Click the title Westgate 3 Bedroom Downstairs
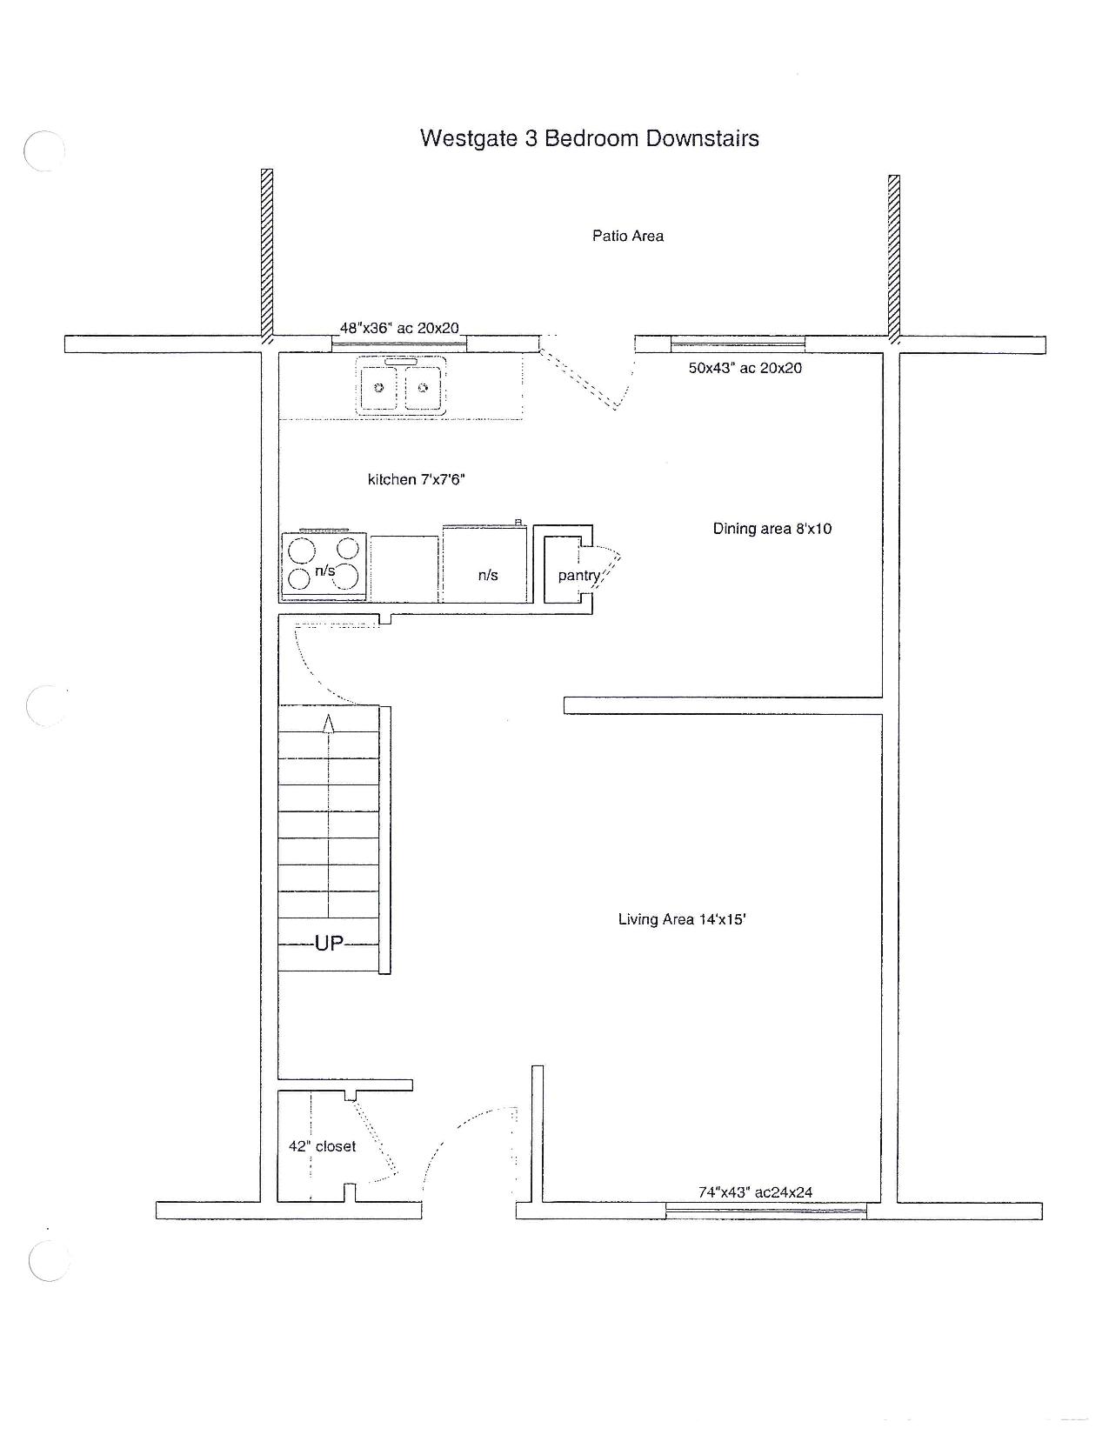point(589,138)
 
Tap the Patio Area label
point(627,236)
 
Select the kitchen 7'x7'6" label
point(416,479)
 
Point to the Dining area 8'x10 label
point(772,528)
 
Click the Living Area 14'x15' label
point(682,919)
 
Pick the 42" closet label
point(322,1146)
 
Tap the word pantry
point(579,576)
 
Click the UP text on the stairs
point(329,943)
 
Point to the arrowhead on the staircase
point(328,723)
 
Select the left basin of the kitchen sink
point(378,388)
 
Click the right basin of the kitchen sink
point(423,388)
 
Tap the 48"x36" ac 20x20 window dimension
point(399,328)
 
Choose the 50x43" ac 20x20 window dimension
point(745,368)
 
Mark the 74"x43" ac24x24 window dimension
point(755,1192)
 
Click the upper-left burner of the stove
point(301,550)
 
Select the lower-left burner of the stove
point(299,578)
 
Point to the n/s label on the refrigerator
point(488,575)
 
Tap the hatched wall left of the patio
point(267,257)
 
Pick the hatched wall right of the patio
point(893,259)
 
